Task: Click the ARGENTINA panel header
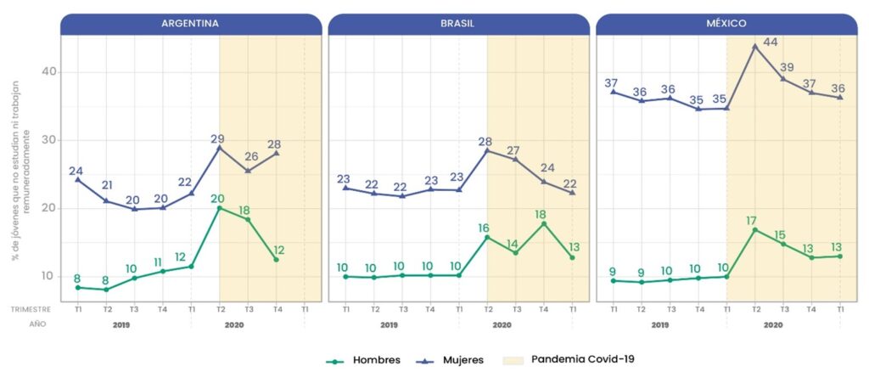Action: (x=190, y=24)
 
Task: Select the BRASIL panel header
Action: (x=458, y=24)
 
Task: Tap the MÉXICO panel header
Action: (x=726, y=24)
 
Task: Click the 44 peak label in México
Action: (x=771, y=42)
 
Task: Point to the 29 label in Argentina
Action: (x=216, y=138)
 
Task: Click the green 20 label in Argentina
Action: (x=217, y=199)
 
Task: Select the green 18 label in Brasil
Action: (x=543, y=214)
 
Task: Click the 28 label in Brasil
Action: (x=485, y=141)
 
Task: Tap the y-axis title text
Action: (x=18, y=174)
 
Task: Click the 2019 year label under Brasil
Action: (x=389, y=324)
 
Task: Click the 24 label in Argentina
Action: (x=76, y=170)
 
